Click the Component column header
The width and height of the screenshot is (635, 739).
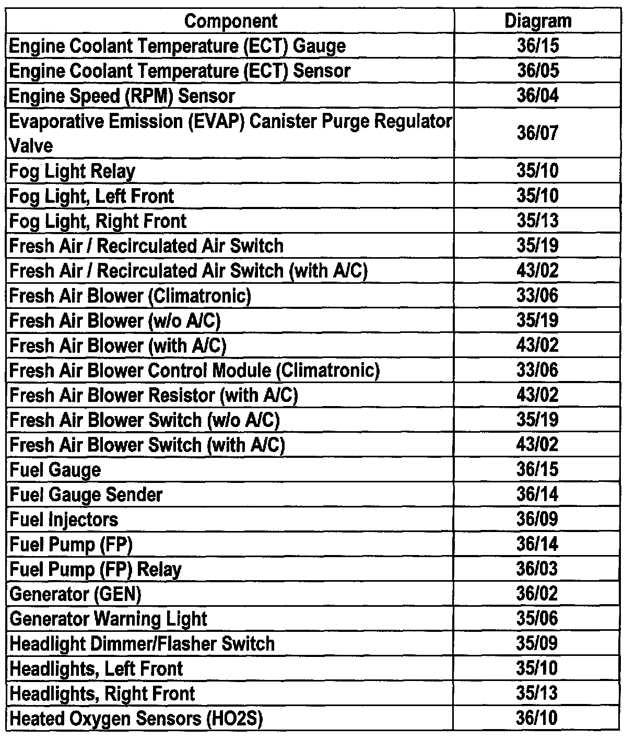point(231,21)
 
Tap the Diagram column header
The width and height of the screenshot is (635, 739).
point(537,21)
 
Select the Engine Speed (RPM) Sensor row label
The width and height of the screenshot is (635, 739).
point(122,96)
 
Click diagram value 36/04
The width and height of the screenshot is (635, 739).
point(537,96)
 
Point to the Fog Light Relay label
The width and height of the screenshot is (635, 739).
point(73,171)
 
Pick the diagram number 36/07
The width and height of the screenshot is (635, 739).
point(537,133)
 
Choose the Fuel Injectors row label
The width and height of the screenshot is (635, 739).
point(64,519)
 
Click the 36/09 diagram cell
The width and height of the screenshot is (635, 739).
point(537,519)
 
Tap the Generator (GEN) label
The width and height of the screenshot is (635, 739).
point(76,594)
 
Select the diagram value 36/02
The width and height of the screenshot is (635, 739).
point(537,594)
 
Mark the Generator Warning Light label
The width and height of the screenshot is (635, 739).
point(109,619)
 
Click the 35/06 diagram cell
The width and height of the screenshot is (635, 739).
point(537,619)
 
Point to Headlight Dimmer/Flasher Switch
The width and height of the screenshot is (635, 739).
point(142,644)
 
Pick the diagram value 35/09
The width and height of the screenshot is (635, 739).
point(537,644)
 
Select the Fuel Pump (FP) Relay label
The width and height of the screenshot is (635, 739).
point(96,569)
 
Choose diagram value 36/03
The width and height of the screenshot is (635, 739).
point(537,569)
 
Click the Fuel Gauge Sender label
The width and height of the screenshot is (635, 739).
point(86,494)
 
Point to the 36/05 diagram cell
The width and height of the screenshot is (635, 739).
point(537,71)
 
